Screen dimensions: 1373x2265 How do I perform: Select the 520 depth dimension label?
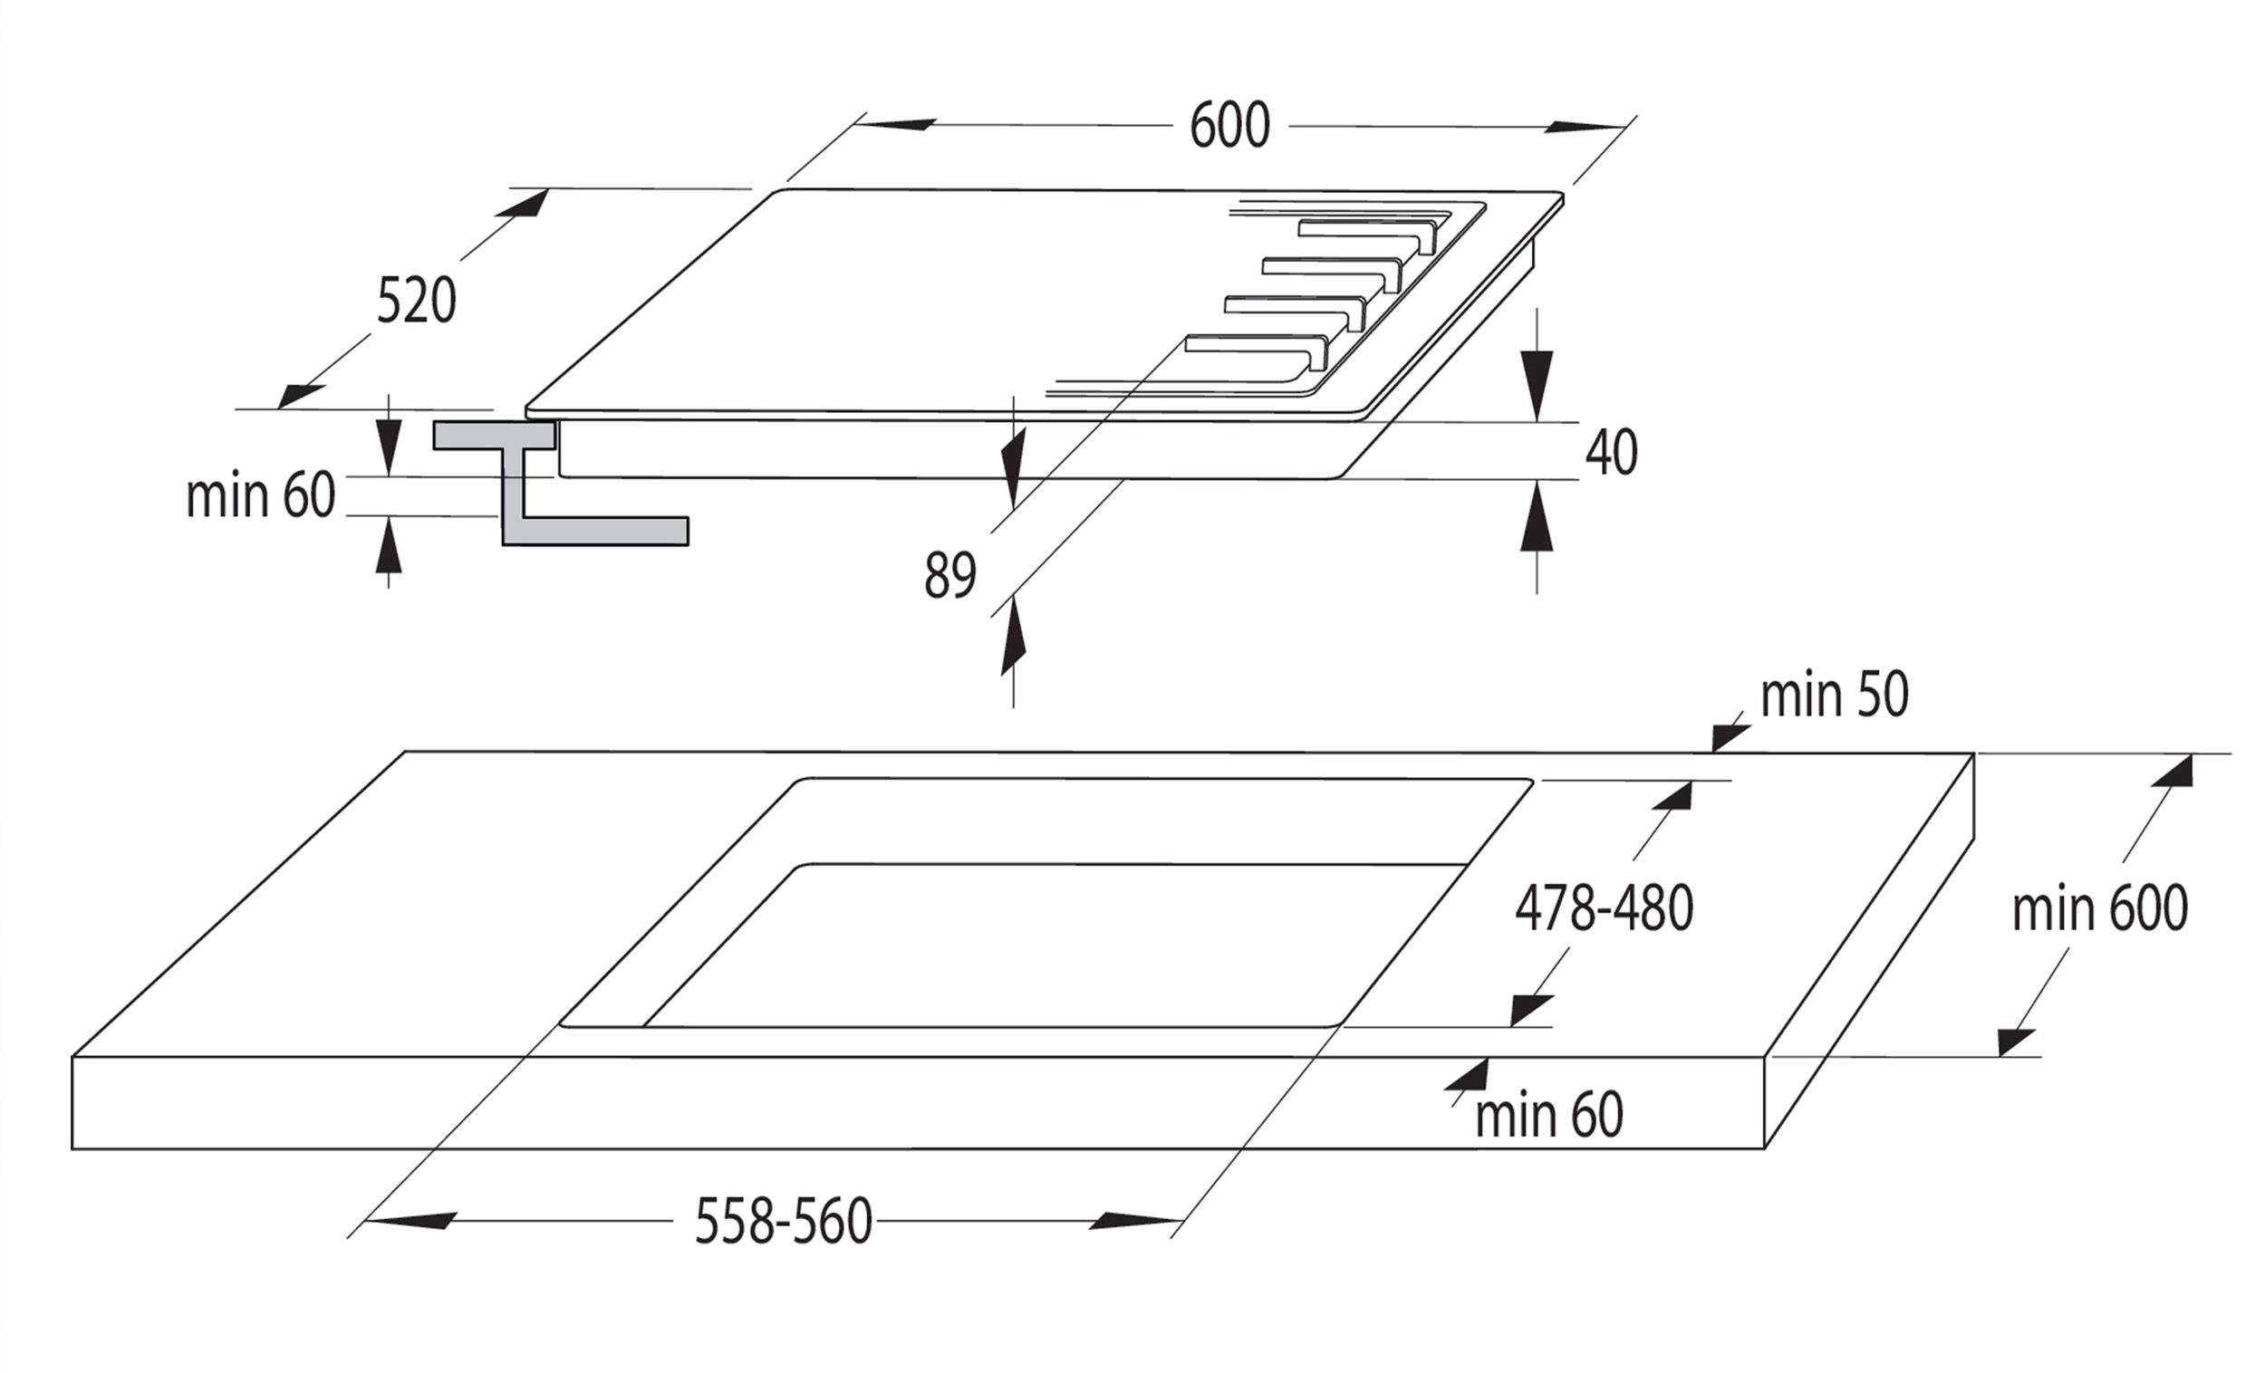(417, 300)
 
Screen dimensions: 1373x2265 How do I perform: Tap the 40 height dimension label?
(1611, 452)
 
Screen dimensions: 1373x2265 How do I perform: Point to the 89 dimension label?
(949, 575)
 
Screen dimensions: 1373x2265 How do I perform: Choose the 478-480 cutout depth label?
(1604, 908)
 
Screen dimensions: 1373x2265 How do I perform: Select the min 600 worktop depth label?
(2099, 909)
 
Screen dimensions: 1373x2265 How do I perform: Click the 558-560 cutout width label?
(783, 1222)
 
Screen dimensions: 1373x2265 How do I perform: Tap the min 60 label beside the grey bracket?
(260, 496)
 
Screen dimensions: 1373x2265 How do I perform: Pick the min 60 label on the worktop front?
(1549, 1116)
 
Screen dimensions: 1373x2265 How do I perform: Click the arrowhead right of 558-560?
(1136, 1222)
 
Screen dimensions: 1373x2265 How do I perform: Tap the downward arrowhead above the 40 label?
(1536, 384)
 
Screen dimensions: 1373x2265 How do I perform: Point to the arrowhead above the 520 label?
(520, 203)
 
